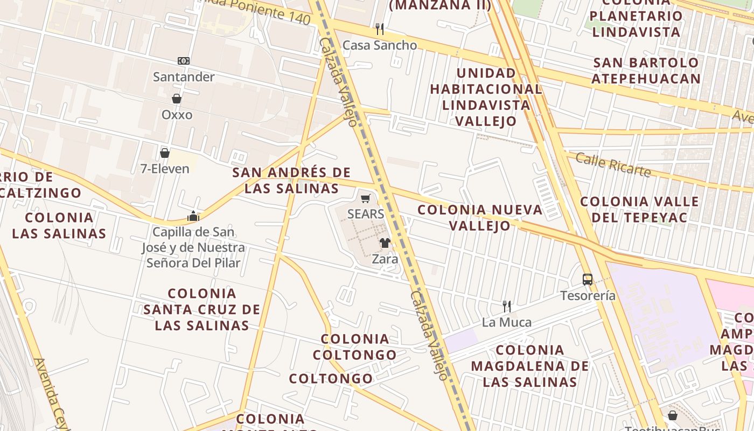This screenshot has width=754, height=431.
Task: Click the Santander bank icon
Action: pos(184,61)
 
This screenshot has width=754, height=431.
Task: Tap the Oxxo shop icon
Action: pos(176,99)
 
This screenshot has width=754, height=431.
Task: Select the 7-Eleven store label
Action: pos(165,169)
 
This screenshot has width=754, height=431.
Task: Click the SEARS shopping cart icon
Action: pos(366,198)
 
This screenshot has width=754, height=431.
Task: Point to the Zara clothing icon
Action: pos(385,243)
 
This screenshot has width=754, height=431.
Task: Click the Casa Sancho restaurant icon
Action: pos(380,29)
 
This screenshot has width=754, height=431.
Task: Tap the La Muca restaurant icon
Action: pos(506,307)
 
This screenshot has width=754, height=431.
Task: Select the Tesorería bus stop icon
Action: pos(588,280)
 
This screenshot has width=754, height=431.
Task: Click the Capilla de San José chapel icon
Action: pos(193,217)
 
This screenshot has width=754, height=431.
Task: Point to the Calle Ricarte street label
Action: pos(613,164)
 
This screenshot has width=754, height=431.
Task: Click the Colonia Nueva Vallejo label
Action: pos(480,217)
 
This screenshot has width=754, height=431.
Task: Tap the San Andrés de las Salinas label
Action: pos(291,180)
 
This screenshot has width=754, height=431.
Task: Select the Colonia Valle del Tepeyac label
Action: pos(639,210)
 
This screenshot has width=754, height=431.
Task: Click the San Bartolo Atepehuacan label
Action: pos(646,71)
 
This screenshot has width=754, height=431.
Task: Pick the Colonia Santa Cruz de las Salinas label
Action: pos(202,309)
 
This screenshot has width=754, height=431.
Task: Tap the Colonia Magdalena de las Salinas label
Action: pos(530,366)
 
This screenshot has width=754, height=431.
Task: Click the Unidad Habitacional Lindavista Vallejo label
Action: pos(486,97)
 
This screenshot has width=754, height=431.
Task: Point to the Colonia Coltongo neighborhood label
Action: pos(355,347)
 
